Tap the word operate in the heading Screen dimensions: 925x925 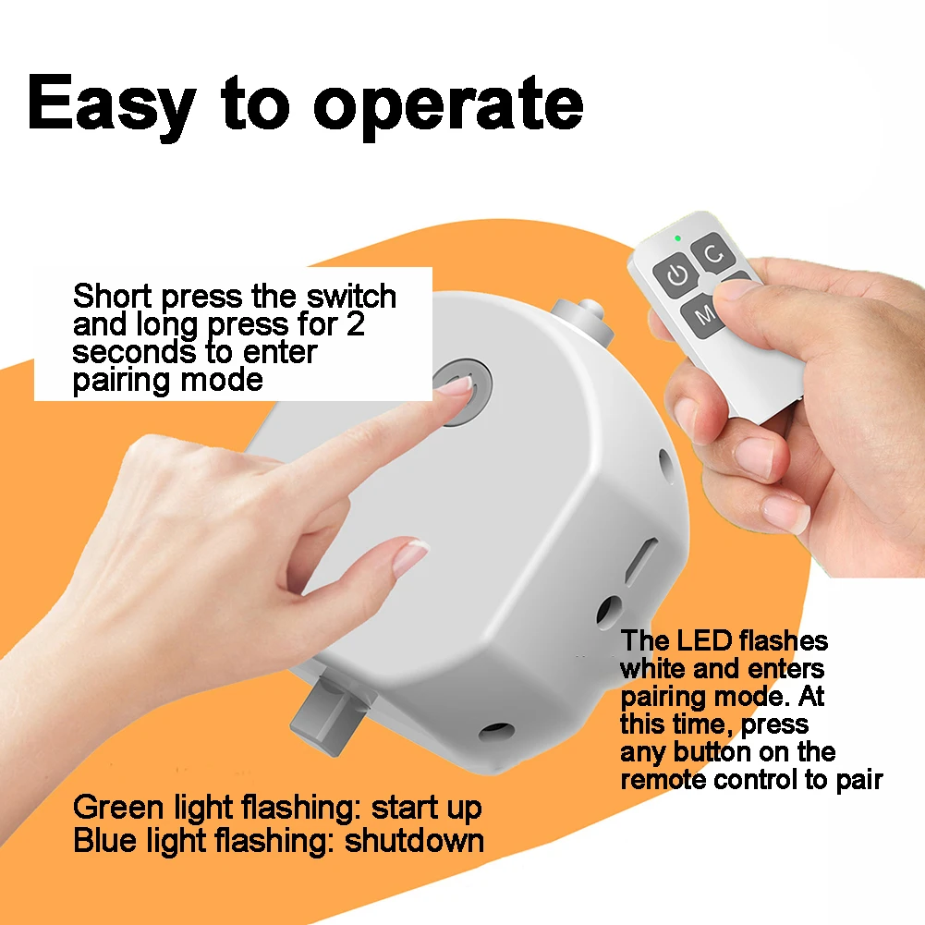(448, 110)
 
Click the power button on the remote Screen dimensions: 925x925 (676, 274)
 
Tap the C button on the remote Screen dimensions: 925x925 (713, 254)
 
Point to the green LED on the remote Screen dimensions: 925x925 (678, 238)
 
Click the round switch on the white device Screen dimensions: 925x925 (462, 391)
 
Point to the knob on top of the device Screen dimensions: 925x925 (583, 321)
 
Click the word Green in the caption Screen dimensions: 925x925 (118, 808)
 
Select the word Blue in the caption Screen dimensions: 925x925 (105, 841)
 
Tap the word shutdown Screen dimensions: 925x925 (414, 841)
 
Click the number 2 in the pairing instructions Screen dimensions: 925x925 (355, 324)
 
